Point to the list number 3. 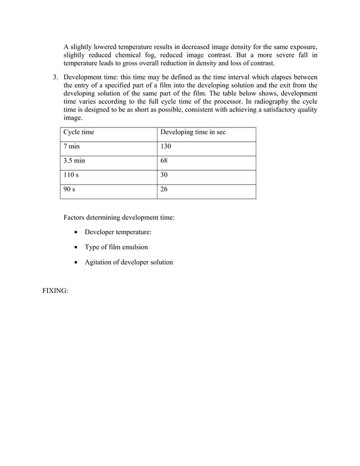(x=56, y=77)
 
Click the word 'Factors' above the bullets (x=75, y=217)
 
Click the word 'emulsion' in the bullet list (x=135, y=247)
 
